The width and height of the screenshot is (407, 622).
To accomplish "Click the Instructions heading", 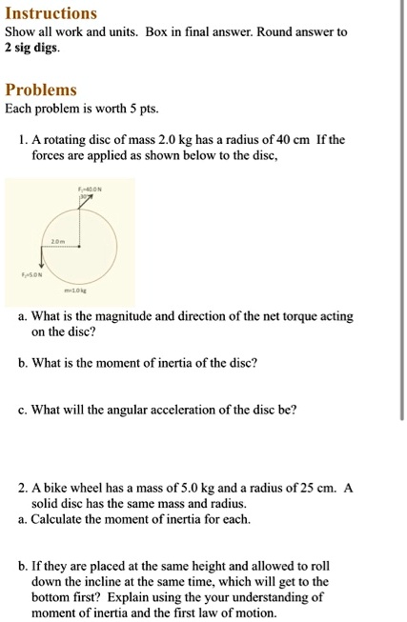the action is (51, 13).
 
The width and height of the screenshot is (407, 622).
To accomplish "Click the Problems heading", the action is (41, 90).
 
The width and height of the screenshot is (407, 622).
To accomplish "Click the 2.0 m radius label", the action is (57, 241).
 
